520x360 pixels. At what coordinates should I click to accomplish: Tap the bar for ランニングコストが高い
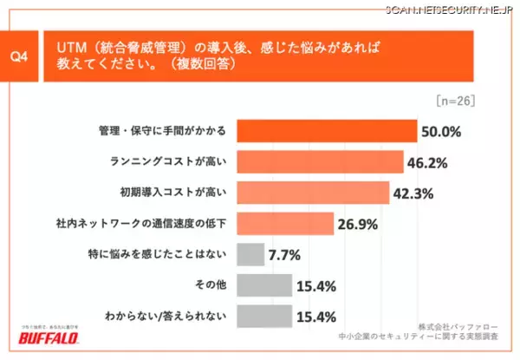click(x=320, y=162)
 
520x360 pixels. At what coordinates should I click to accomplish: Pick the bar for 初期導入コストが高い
click(x=312, y=193)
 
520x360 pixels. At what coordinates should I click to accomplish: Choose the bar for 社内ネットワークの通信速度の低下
click(x=285, y=224)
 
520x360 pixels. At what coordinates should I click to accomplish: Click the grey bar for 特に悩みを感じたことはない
click(x=250, y=254)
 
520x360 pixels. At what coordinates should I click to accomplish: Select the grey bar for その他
click(x=264, y=285)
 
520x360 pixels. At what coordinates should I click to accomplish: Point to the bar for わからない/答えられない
click(x=264, y=315)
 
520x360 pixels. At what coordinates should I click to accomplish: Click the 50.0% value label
click(x=441, y=133)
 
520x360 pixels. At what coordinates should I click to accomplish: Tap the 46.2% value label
click(x=430, y=163)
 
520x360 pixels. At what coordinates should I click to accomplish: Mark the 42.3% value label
click(x=414, y=193)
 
